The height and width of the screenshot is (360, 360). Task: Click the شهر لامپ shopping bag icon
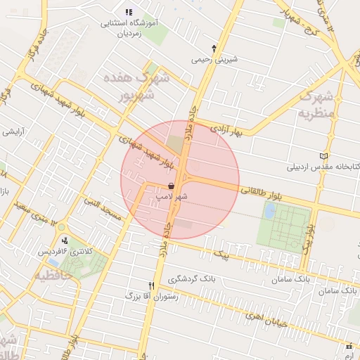[171, 186]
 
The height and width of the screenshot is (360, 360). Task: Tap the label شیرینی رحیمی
[214, 60]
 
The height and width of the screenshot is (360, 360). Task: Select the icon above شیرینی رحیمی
[214, 49]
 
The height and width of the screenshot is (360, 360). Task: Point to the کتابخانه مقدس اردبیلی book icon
[323, 156]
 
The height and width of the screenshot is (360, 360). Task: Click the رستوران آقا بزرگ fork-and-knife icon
[152, 286]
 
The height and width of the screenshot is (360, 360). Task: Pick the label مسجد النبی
[103, 210]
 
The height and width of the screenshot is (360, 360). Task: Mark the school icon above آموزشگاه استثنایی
[128, 12]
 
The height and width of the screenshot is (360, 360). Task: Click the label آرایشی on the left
[15, 131]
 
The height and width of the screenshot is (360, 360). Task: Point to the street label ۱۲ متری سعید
[25, 209]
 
